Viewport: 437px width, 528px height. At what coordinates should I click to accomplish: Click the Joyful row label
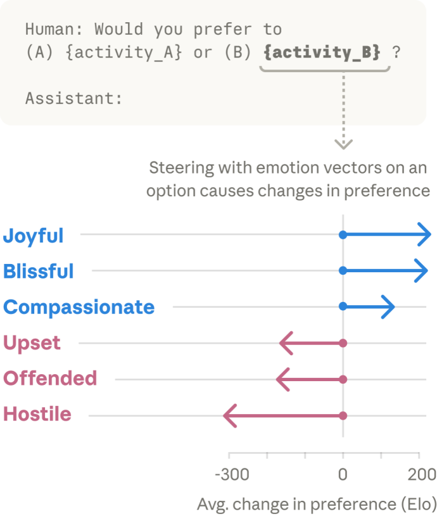click(34, 236)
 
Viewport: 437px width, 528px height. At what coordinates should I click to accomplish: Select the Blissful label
click(39, 271)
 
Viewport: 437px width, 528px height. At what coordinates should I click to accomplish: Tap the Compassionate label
click(79, 307)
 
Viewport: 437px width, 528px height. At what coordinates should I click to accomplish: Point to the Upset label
click(32, 343)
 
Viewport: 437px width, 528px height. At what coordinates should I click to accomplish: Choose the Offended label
click(50, 379)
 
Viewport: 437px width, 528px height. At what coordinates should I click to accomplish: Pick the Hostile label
click(37, 415)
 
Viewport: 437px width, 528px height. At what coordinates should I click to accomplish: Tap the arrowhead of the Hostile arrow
click(229, 416)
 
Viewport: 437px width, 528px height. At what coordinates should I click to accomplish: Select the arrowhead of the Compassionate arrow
click(389, 307)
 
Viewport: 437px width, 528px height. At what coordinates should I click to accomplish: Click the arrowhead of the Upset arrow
click(285, 343)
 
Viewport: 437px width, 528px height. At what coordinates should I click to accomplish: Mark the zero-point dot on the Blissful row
click(343, 271)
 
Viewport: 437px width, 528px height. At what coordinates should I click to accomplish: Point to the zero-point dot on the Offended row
click(343, 379)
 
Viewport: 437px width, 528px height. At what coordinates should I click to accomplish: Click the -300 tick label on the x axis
click(232, 474)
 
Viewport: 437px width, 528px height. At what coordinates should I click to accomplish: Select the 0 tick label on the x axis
click(343, 474)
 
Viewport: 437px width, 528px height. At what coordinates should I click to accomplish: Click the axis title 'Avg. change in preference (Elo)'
click(317, 505)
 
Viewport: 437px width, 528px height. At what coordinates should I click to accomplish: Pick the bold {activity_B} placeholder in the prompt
click(322, 52)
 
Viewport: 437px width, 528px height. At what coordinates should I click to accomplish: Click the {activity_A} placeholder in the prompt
click(123, 52)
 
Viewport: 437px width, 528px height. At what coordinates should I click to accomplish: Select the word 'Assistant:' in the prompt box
click(73, 99)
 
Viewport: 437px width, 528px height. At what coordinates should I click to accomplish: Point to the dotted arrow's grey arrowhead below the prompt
click(343, 144)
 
